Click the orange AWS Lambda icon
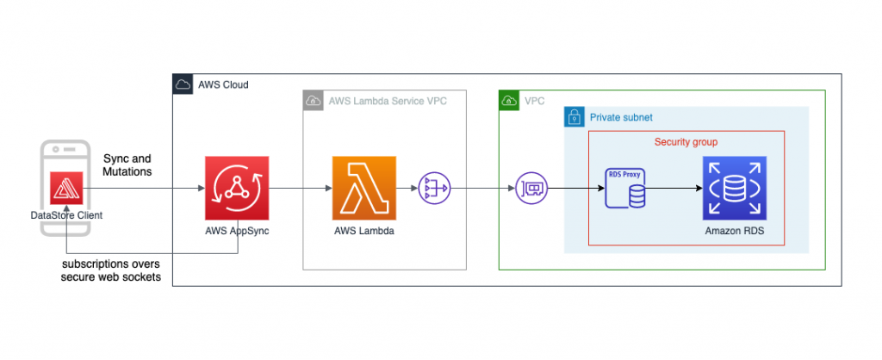click(363, 188)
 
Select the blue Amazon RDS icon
click(734, 188)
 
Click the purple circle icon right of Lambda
click(433, 188)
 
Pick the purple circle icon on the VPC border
click(531, 188)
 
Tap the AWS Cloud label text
click(223, 84)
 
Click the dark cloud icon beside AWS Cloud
click(183, 84)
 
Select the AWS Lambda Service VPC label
click(388, 101)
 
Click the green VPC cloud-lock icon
click(509, 101)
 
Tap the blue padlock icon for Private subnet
click(573, 117)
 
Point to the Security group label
click(686, 141)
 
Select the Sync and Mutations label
click(127, 165)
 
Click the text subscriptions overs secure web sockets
click(111, 270)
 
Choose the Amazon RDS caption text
click(734, 232)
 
